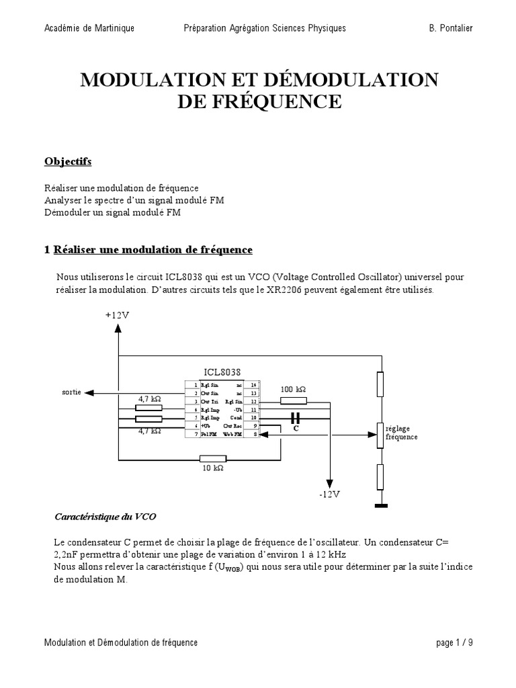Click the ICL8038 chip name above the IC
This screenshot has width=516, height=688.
222,372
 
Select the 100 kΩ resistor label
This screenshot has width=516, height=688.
293,389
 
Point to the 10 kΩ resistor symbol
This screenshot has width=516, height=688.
213,459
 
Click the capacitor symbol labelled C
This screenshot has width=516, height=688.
294,419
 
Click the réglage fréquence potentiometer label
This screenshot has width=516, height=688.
401,432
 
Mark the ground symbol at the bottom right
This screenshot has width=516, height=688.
380,506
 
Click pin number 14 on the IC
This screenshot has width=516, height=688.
252,384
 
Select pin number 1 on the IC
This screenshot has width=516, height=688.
195,384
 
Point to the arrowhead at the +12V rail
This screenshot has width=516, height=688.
118,328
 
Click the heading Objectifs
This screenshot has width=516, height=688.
68,162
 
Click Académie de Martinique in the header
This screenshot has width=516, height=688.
89,28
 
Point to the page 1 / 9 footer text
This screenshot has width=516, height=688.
454,643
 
